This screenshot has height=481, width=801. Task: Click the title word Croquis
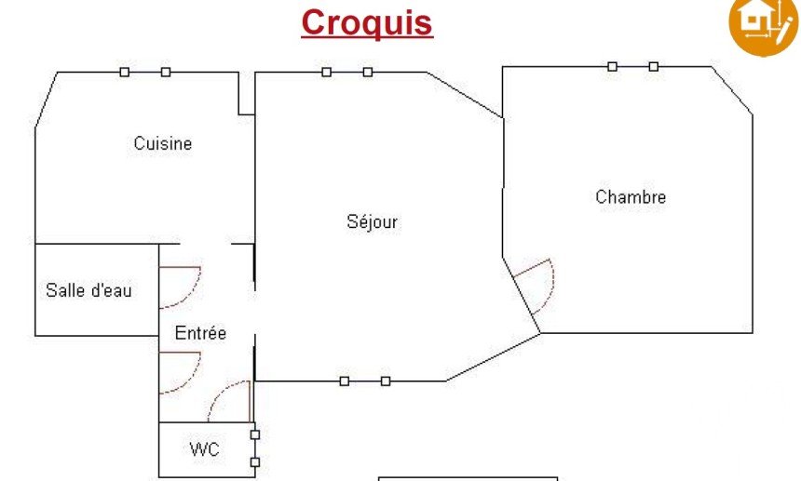pos(367,22)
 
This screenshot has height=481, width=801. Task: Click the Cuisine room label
pos(163,143)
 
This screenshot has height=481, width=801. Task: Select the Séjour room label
pos(373,221)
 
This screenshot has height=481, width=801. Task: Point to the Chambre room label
pos(631,197)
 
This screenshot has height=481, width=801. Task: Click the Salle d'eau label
pos(88,290)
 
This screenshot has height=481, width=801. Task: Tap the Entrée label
pos(200,333)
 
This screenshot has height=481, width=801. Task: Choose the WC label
pos(205,450)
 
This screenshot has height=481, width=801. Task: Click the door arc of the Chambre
pos(537,284)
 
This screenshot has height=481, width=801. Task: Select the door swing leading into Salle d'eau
pos(183,287)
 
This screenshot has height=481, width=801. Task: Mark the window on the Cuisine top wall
pos(145,72)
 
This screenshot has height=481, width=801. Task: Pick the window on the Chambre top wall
pos(632,66)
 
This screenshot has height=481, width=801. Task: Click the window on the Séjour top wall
pos(346,72)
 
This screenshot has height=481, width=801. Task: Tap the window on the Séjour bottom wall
pos(365,381)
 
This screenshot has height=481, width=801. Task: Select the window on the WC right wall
pos(254,448)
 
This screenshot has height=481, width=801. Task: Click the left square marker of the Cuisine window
pos(125,72)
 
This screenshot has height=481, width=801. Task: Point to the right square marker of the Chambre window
pos(654,66)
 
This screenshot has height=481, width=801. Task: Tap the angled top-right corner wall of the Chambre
pos(733,90)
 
